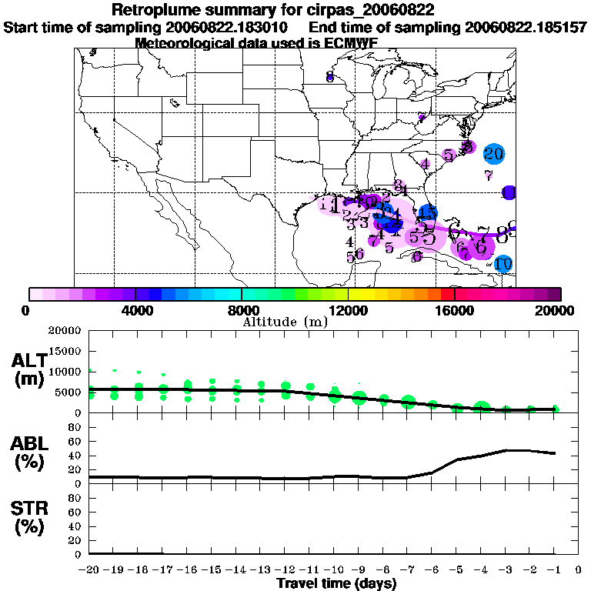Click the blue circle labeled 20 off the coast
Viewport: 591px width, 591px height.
point(494,154)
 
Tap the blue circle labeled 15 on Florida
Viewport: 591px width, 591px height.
point(428,213)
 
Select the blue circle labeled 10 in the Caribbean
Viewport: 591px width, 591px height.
point(503,264)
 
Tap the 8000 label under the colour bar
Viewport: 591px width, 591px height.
point(241,311)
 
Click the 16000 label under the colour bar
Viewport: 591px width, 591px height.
point(454,311)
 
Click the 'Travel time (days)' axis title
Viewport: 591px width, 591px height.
point(336,584)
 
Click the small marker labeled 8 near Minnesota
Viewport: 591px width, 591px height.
point(329,77)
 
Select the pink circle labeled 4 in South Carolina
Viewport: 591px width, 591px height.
point(425,163)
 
